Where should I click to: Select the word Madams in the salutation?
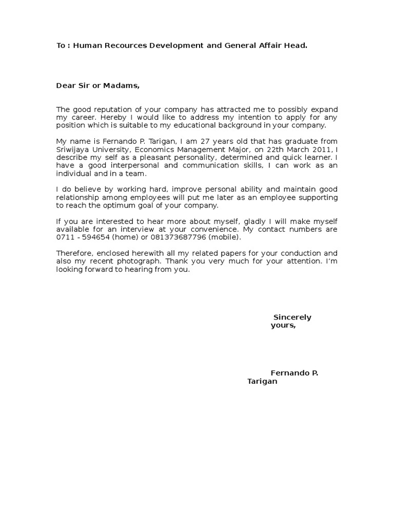click(122, 86)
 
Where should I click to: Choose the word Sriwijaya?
click(73, 149)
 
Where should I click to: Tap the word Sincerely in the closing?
click(292, 317)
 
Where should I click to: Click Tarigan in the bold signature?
click(262, 382)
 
